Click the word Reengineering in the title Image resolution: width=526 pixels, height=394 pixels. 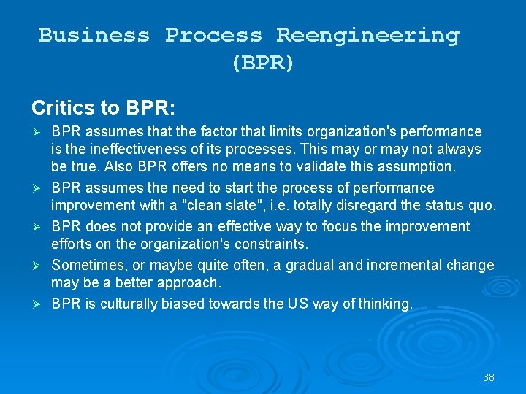[x=367, y=35]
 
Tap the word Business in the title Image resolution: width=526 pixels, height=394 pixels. [x=94, y=35]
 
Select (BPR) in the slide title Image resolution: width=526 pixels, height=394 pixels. [x=263, y=63]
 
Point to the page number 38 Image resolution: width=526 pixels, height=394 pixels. [x=489, y=377]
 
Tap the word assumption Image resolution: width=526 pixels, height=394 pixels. [x=418, y=167]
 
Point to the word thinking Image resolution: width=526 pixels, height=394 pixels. [x=386, y=303]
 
